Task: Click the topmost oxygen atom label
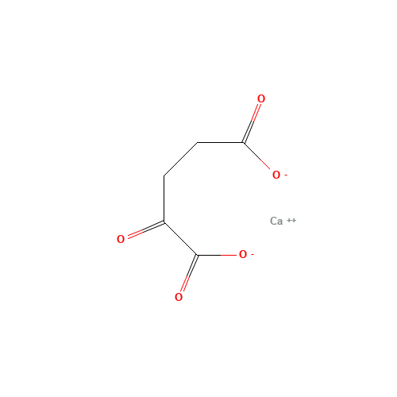261,98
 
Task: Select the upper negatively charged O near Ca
276,175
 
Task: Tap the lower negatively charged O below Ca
242,255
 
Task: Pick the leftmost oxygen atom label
121,239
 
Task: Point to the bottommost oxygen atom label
179,297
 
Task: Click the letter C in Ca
273,221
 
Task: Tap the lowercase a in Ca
279,222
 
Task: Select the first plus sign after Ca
289,220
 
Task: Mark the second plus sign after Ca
294,220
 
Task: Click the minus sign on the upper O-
286,174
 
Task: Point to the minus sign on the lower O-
252,253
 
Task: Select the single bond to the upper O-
265,164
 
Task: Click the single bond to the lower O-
227,256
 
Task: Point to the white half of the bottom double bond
192,266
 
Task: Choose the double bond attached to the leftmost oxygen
144,230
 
